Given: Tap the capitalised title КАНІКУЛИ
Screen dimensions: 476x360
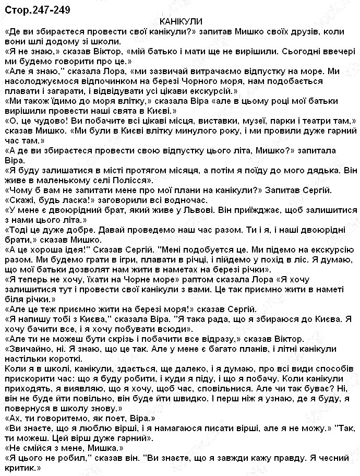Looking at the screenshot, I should click(x=181, y=22).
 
